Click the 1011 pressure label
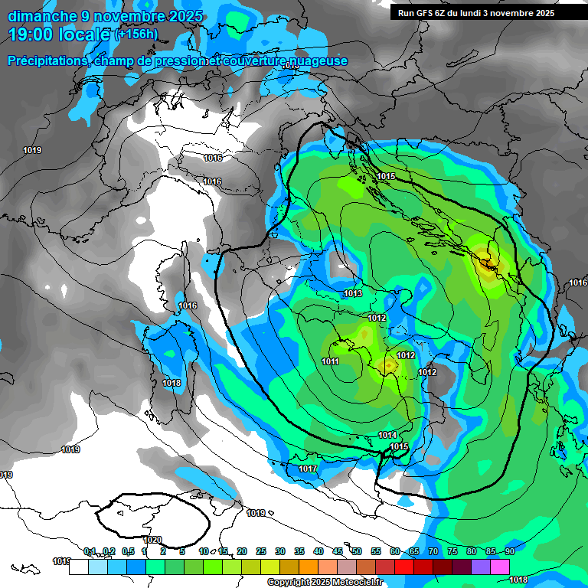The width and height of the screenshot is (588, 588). pos(330,361)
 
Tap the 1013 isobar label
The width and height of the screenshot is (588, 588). pos(353,294)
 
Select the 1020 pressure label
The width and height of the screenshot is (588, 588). pos(152,540)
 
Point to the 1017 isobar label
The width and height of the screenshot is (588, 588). pos(308,469)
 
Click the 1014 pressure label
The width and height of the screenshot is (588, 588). pos(387,436)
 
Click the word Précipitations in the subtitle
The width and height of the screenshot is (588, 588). pos(45,61)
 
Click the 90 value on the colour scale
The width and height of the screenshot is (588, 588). pos(509,551)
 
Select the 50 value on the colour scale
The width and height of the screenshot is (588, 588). pos(357,551)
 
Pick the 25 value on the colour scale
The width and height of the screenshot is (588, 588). pos(261,551)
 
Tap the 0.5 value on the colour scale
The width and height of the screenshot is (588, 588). pos(127,551)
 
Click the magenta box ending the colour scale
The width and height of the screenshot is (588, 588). pos(500,567)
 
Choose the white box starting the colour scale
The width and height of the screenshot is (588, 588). pos(78,567)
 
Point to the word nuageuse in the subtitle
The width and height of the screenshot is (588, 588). pos(322,61)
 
